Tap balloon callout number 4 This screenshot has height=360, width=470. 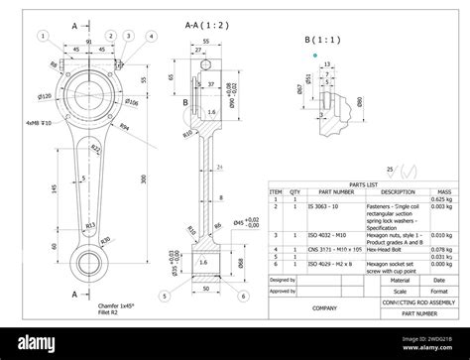pos(151,36)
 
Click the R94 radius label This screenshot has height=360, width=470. pos(125,128)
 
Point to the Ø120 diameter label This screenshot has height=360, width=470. pos(45,96)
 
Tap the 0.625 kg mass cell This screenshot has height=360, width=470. pos(446,199)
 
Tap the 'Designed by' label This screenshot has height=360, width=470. pos(283,281)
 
